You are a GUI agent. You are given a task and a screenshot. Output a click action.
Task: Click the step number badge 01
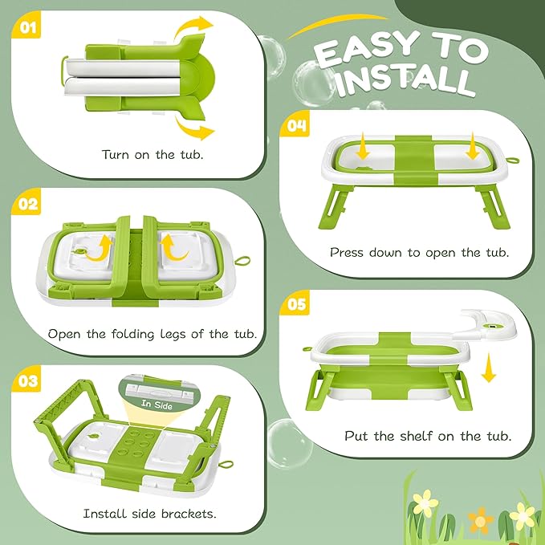(x=28, y=29)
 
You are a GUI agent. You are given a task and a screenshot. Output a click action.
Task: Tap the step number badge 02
(x=28, y=204)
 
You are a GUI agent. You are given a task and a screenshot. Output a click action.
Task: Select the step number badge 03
(x=28, y=380)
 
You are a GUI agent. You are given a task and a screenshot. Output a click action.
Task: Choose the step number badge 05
(x=296, y=305)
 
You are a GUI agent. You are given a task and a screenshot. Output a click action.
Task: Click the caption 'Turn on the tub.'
(x=153, y=153)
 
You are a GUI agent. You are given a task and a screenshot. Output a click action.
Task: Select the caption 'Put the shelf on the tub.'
(x=428, y=437)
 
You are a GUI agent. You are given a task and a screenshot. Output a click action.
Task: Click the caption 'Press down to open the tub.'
(x=420, y=252)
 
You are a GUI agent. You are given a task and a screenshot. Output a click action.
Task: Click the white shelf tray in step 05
(x=495, y=325)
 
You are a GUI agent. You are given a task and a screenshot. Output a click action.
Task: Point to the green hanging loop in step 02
(x=239, y=260)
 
